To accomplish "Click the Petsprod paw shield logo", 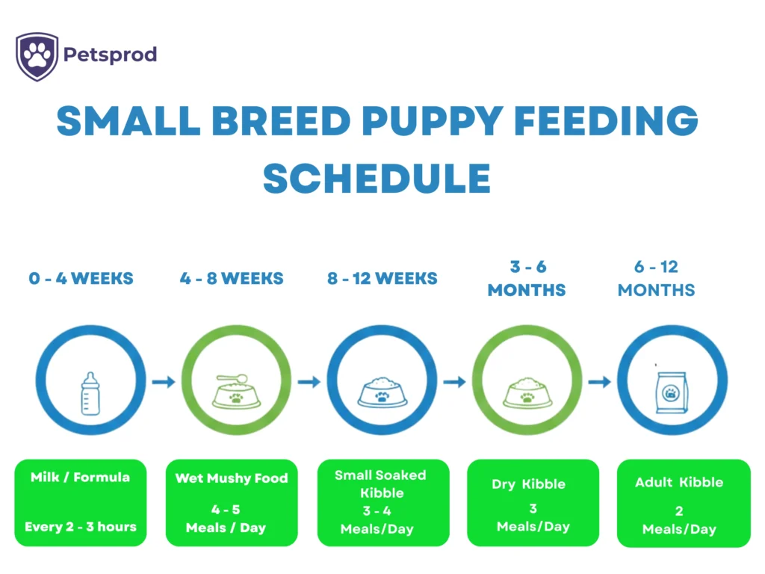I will [x=37, y=56].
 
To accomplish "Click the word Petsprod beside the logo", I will [x=110, y=55].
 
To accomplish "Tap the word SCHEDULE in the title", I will [x=377, y=179].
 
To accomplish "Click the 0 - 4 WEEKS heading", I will [x=81, y=279].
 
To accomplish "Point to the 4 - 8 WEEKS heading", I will [x=232, y=279].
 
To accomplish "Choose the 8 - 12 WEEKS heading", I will [x=382, y=279].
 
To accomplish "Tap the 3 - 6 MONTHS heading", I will [x=527, y=278].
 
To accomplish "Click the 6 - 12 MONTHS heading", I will [x=656, y=278].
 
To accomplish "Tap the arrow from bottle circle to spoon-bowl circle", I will [x=163, y=382].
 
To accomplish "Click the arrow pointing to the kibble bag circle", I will [x=599, y=382].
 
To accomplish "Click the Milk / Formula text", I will [x=80, y=477].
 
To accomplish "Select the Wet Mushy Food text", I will [x=231, y=478].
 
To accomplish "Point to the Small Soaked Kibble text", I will [x=381, y=484].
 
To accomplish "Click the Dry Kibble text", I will [x=528, y=484].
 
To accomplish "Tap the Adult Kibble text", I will [x=678, y=482].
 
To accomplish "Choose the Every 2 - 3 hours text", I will [x=80, y=526].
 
